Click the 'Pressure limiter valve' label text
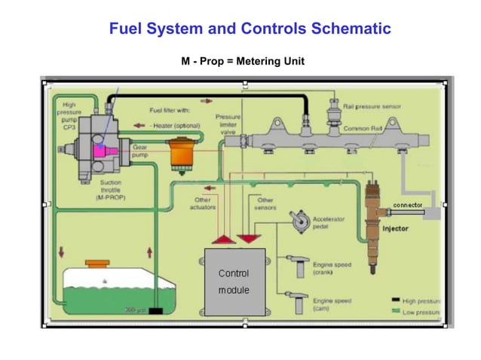(228, 124)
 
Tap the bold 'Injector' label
(397, 227)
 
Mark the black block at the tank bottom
(156, 310)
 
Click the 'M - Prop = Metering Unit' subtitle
(243, 61)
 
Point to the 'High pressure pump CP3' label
(69, 117)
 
